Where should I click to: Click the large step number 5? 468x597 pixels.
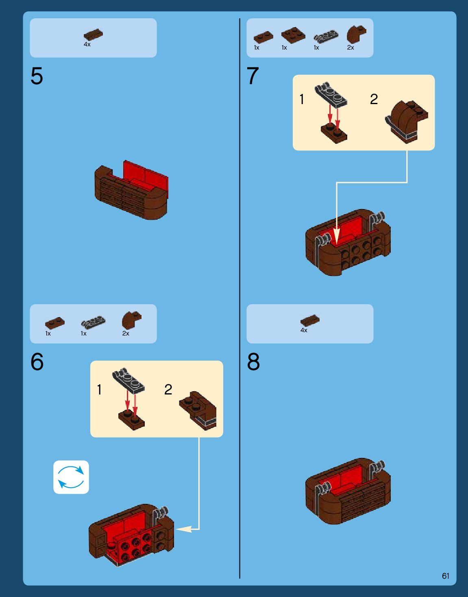coord(37,76)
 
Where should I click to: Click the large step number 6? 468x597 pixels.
coord(37,362)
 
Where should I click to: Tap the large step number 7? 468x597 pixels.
coord(253,76)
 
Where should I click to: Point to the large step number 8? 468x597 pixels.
coord(253,362)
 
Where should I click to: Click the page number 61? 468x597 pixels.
coord(446,576)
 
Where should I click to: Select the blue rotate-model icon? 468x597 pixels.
coord(71,477)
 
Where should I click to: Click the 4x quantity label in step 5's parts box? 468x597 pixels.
coord(87,44)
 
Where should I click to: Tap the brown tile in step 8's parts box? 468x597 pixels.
coord(310,320)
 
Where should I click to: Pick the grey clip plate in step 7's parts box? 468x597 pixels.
coord(326,36)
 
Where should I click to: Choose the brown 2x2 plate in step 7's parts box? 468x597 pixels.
coord(293,35)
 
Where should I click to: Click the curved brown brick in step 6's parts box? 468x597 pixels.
coord(132,320)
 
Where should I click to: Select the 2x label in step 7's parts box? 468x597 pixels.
coord(350,48)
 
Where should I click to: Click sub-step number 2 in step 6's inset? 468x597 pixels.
coord(168,390)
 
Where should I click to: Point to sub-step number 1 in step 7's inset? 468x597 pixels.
coord(302,99)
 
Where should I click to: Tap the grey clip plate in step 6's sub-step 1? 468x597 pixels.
coord(128,380)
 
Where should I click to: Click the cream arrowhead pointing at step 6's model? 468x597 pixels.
coord(183,529)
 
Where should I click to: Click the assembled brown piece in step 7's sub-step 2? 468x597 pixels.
coord(407,122)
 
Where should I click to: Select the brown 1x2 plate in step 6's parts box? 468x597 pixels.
coord(55,323)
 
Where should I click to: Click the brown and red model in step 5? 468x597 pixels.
coord(131,190)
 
